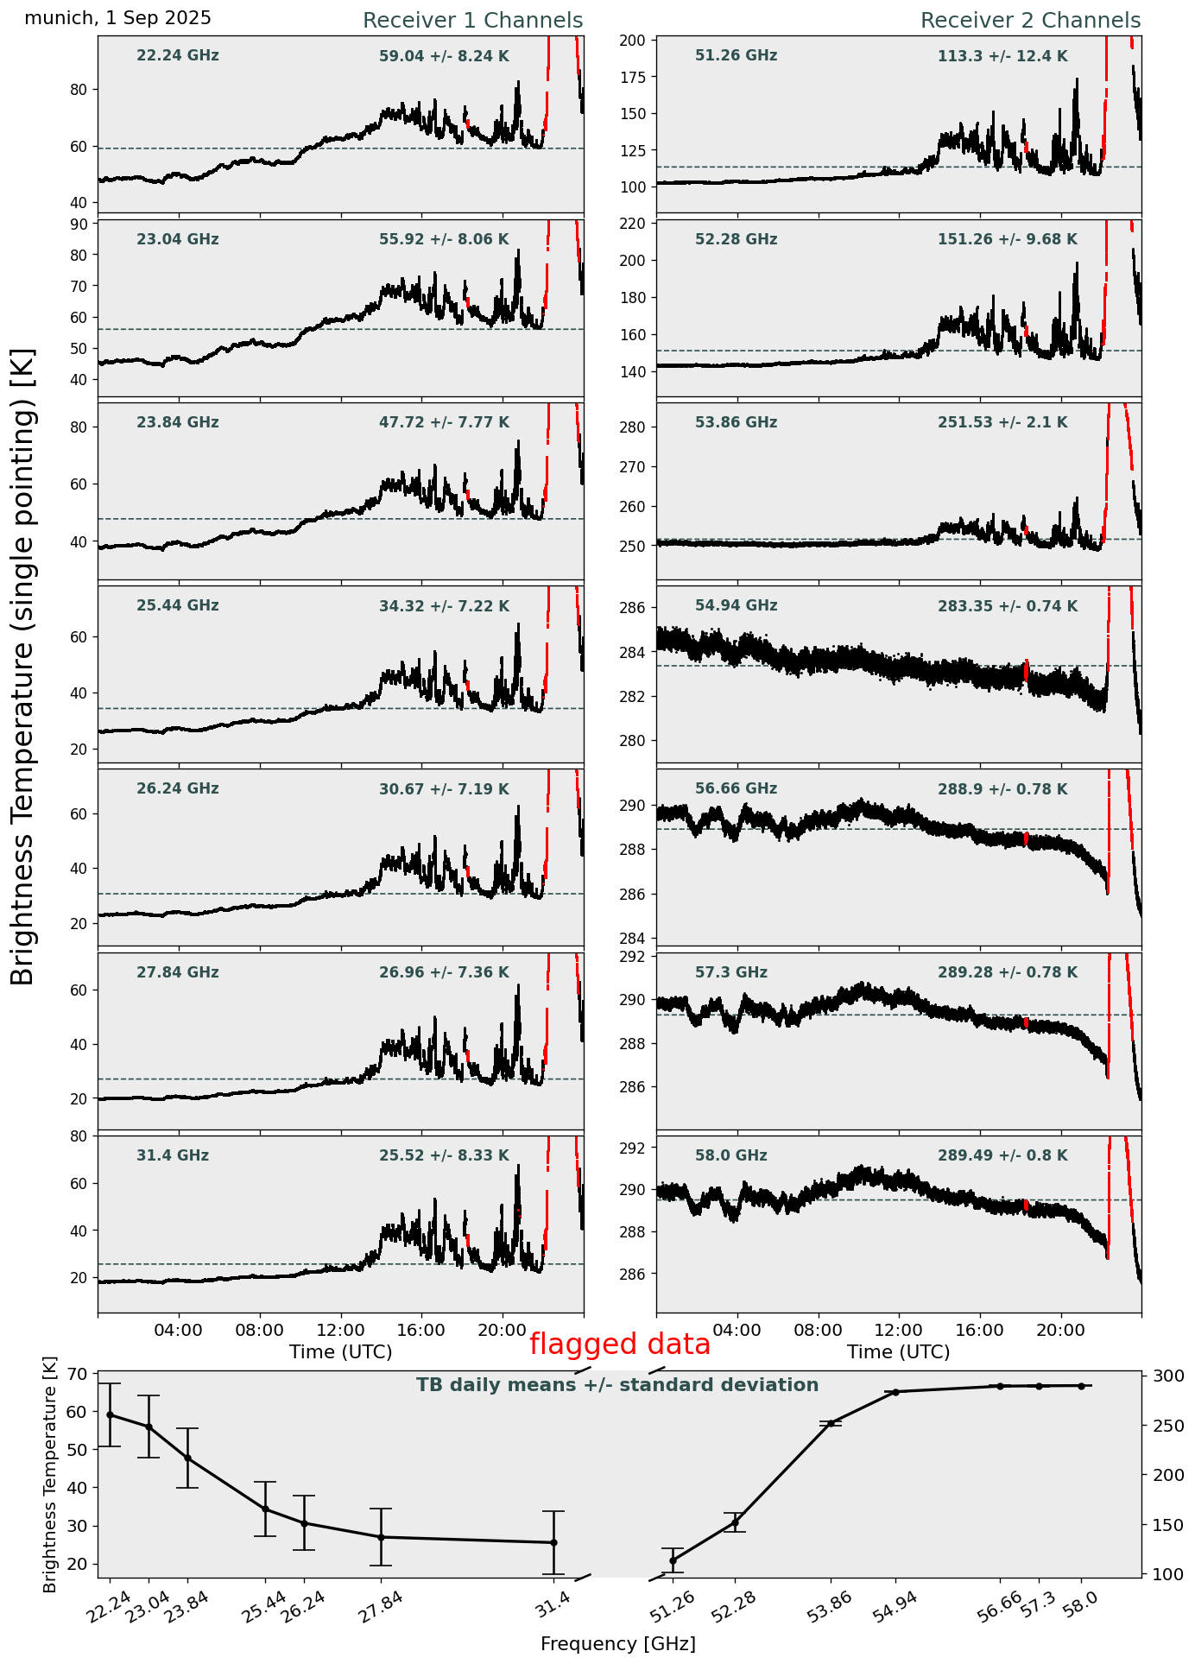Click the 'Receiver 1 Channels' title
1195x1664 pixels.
(x=472, y=21)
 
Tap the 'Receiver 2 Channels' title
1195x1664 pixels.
(x=1030, y=21)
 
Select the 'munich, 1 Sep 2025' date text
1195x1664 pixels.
(x=118, y=18)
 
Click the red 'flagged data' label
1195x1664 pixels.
(x=620, y=1344)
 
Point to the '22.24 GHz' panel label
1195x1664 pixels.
(x=178, y=56)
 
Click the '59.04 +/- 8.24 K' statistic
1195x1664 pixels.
(x=444, y=57)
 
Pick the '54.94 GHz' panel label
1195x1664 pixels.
(x=736, y=606)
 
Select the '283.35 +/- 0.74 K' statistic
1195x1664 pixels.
(x=1007, y=607)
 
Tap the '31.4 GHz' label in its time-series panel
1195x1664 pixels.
(x=173, y=1155)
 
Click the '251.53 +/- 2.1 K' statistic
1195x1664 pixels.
(x=1002, y=423)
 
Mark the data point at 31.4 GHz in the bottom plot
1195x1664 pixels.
(x=553, y=1542)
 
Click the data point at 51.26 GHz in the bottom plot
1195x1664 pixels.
(x=673, y=1560)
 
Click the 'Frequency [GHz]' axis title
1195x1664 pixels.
(x=618, y=1644)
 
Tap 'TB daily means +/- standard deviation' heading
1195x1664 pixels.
(x=617, y=1386)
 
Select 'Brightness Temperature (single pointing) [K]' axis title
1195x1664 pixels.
(x=22, y=666)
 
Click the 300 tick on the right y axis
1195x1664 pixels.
(x=1160, y=1376)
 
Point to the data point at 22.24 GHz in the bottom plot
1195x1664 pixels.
(x=110, y=1415)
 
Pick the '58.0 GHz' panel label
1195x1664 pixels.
(x=730, y=1155)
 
